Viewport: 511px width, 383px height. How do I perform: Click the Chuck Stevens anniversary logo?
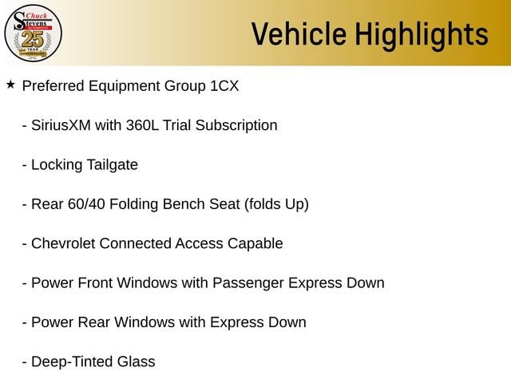(33, 33)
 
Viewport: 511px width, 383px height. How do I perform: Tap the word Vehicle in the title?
(299, 34)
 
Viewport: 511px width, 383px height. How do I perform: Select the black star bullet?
(10, 85)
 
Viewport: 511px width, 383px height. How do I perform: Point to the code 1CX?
(224, 86)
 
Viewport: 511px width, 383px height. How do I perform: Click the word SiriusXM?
(61, 125)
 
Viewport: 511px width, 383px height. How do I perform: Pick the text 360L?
(142, 125)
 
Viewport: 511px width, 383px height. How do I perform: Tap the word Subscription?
(236, 126)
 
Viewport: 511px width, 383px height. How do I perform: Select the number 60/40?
(86, 204)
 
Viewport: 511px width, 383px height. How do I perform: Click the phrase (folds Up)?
(276, 204)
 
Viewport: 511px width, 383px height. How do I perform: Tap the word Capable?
(255, 244)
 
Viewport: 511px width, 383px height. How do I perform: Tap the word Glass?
(137, 361)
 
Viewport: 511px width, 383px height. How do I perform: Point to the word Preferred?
(53, 86)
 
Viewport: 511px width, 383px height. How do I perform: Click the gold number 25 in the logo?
(33, 39)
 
